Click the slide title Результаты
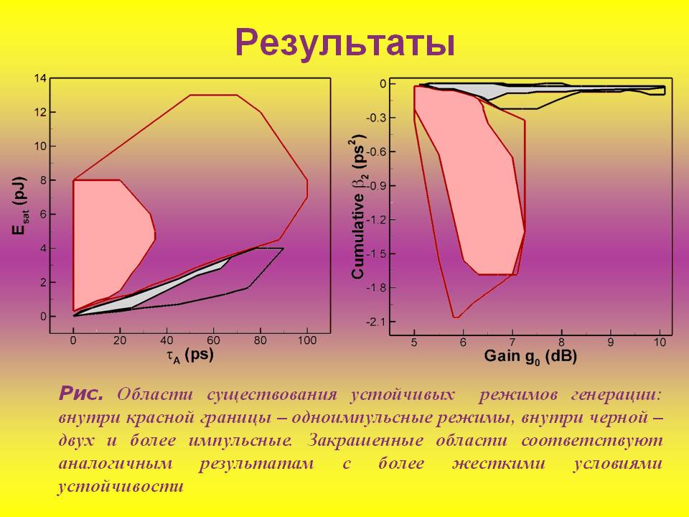point(344,42)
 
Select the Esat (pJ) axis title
point(19,208)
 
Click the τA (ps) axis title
point(189,355)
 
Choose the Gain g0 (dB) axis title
point(530,355)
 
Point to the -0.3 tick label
point(377,118)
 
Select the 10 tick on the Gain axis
point(660,343)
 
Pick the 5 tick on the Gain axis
point(414,343)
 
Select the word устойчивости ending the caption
point(121,486)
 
